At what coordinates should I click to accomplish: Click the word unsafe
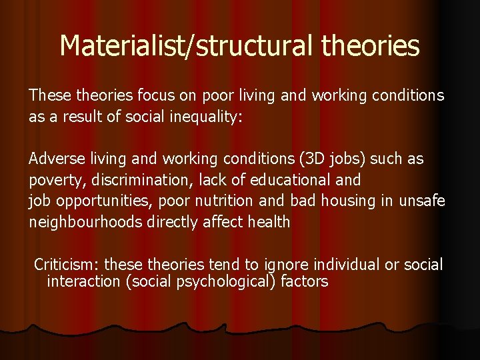click(422, 201)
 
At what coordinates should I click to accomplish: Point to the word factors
click(305, 281)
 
